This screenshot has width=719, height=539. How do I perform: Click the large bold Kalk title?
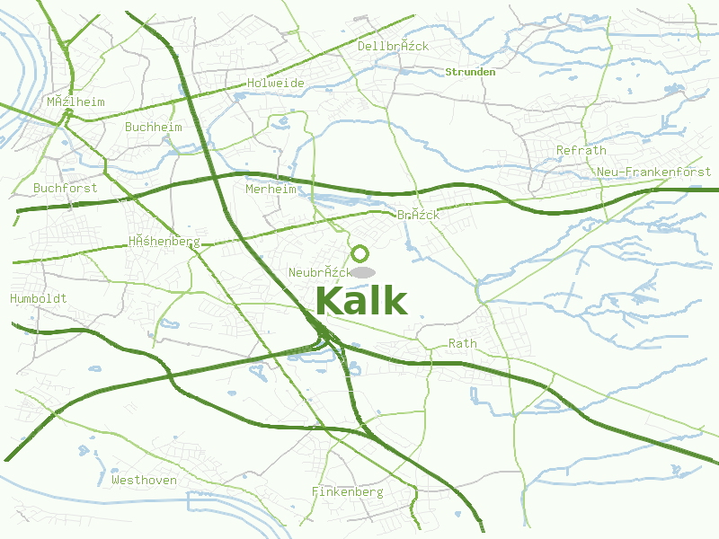[361, 301]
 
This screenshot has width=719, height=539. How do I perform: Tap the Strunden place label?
[471, 72]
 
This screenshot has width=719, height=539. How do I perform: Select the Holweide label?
[275, 84]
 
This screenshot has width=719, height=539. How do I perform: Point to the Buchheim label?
[154, 128]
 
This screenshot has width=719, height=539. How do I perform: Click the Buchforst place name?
[65, 189]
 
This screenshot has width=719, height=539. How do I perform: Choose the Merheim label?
[271, 190]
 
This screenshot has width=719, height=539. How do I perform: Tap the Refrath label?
[581, 151]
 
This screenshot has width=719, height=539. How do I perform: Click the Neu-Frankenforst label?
[653, 172]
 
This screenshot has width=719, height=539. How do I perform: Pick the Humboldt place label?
[38, 298]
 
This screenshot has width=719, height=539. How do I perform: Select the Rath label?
[463, 344]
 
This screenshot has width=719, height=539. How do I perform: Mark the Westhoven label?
[144, 481]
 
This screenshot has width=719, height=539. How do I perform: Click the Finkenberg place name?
[348, 492]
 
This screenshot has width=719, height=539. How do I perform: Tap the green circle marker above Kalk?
[360, 253]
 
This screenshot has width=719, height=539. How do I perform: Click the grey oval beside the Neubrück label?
[362, 272]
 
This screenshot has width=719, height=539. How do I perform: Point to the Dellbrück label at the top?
[394, 46]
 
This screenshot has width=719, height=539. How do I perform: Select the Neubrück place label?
[319, 272]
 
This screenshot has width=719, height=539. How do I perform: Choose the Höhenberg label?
[164, 242]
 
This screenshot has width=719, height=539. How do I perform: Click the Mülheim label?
[76, 102]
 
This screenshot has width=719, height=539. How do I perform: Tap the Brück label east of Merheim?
[419, 215]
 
